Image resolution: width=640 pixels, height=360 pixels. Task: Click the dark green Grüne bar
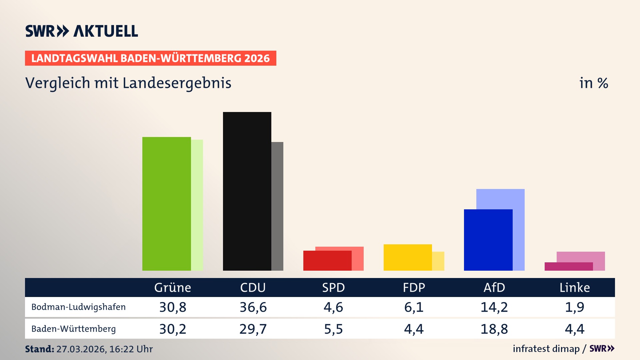[166, 204]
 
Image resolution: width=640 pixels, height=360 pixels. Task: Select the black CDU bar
[247, 191]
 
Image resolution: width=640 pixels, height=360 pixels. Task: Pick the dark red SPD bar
[327, 261]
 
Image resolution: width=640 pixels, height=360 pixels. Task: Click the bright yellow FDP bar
[408, 257]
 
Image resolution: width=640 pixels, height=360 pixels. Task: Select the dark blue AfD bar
[488, 240]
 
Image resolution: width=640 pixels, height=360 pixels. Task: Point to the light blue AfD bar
[501, 199]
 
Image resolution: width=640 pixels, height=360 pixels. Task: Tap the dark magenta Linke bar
[569, 266]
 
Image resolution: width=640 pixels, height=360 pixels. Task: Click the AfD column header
[494, 287]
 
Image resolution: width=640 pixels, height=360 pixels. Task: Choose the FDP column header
[414, 287]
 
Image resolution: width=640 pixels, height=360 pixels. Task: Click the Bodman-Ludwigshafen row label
[78, 307]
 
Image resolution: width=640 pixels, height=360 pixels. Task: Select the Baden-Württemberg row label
[73, 329]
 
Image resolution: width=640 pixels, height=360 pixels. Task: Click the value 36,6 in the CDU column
[253, 307]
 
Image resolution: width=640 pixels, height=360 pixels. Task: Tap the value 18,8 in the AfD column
[494, 329]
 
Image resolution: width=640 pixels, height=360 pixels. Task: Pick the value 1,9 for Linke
[574, 307]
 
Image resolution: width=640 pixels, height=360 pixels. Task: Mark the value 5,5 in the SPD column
[333, 329]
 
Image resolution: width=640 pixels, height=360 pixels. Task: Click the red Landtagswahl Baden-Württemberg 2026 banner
[150, 58]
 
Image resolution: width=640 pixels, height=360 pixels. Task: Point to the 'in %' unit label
[593, 83]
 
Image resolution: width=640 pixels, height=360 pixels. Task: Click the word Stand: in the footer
[39, 349]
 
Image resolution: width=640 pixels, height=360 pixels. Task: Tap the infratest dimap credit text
[546, 349]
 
